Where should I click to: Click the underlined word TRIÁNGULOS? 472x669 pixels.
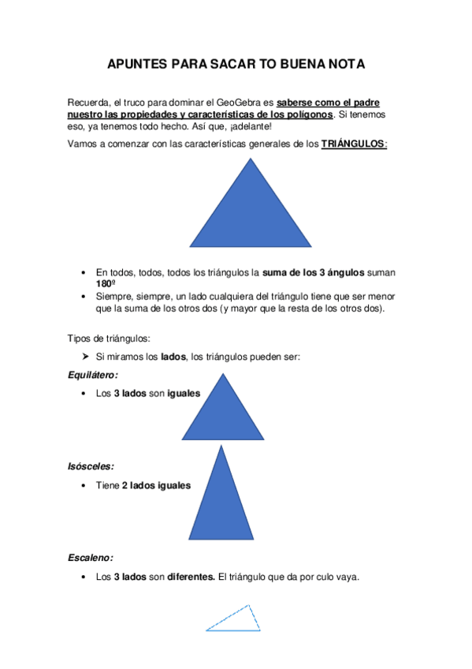coord(353,144)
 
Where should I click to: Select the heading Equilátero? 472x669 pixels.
coord(94,375)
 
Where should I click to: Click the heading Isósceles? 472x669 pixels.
coord(91,467)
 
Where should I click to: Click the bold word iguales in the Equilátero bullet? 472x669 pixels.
coord(184,393)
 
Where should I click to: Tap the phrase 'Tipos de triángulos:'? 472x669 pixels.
coord(108,338)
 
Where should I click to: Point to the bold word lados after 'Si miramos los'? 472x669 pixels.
coord(173,357)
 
